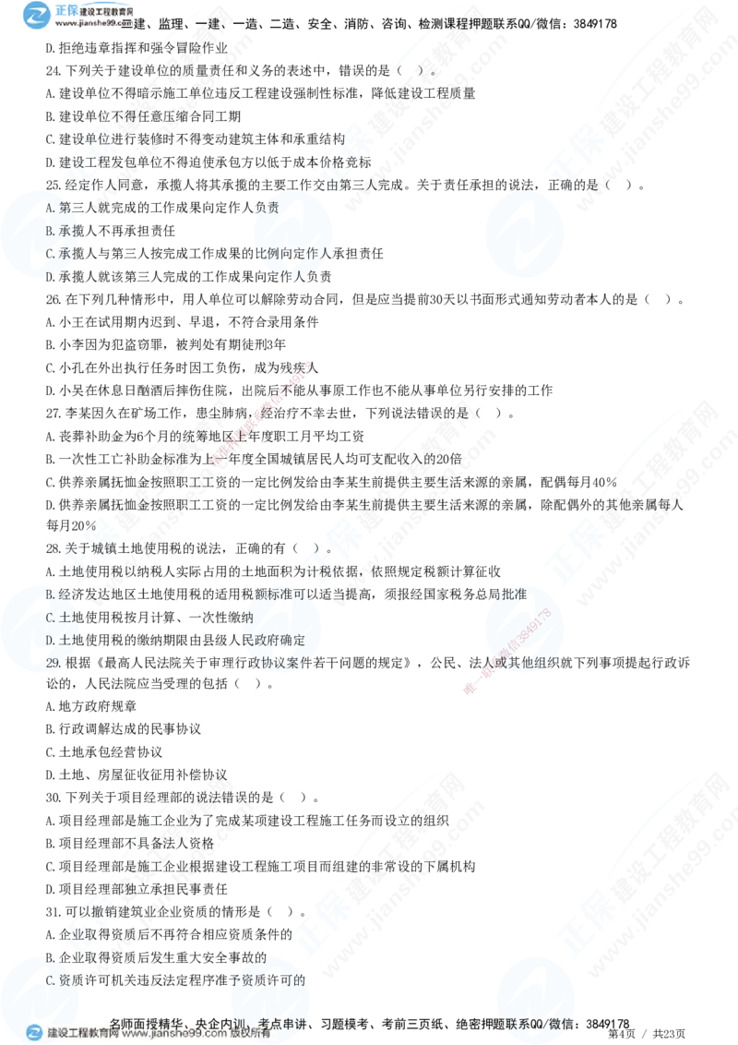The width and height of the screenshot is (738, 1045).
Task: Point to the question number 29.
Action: tap(54, 663)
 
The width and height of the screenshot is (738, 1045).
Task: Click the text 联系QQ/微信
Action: tap(534, 1023)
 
